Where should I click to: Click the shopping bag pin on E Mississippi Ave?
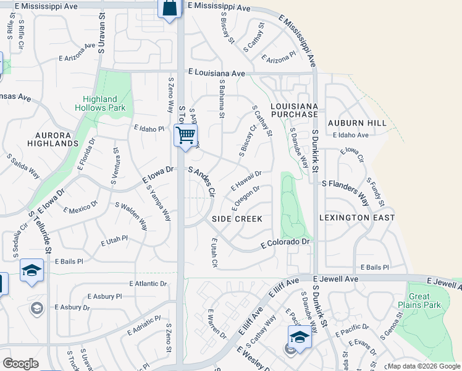pyautogui.click(x=169, y=9)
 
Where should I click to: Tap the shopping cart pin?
pyautogui.click(x=185, y=135)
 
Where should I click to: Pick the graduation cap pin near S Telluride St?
pyautogui.click(x=31, y=271)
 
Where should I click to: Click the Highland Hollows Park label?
pyautogui.click(x=100, y=103)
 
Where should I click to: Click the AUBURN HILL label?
pyautogui.click(x=357, y=123)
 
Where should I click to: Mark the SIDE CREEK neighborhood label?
pyautogui.click(x=237, y=219)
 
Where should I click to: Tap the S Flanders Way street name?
pyautogui.click(x=353, y=184)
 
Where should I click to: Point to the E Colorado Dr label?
pyautogui.click(x=284, y=244)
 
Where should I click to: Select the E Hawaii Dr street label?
pyautogui.click(x=246, y=181)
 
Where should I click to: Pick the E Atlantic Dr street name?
pyautogui.click(x=149, y=283)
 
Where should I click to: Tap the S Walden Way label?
pyautogui.click(x=131, y=215)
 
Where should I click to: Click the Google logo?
pyautogui.click(x=21, y=364)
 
